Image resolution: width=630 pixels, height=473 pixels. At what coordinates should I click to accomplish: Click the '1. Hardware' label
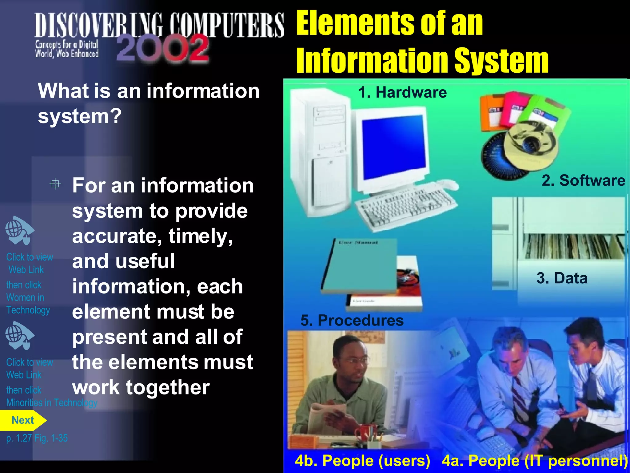pos(402,92)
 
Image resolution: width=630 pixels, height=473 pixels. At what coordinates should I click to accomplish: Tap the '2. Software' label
pos(583,180)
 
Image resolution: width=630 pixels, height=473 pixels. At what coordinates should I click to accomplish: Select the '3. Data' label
pos(562,278)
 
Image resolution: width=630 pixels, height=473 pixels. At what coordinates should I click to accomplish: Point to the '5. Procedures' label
pos(352,320)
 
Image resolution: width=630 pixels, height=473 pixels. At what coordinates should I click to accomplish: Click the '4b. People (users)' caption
pos(362,461)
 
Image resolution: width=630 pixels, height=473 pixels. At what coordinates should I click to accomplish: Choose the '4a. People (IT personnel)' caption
pos(535,461)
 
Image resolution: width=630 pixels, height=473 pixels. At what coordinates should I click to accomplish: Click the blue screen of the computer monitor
pos(394,146)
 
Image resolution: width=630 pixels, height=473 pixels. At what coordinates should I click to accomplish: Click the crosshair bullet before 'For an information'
pos(55,184)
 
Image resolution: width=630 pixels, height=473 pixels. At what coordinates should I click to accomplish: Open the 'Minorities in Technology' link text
pos(52,402)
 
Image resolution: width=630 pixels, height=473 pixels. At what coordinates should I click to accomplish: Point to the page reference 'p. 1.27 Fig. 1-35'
pos(37,438)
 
